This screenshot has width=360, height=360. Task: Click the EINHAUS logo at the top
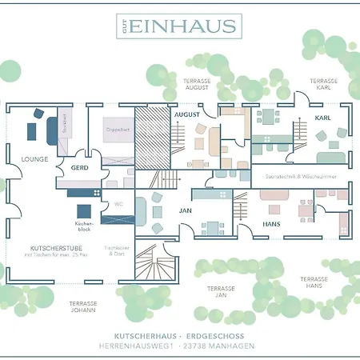178,26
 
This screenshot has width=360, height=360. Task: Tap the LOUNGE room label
35,159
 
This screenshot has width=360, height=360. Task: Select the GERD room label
79,168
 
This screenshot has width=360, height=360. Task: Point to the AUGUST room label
186,115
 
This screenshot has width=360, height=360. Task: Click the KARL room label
322,118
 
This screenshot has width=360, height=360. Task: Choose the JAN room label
185,211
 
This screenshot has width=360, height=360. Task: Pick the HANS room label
272,224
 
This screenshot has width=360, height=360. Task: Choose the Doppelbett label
118,129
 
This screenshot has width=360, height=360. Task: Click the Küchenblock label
84,226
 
